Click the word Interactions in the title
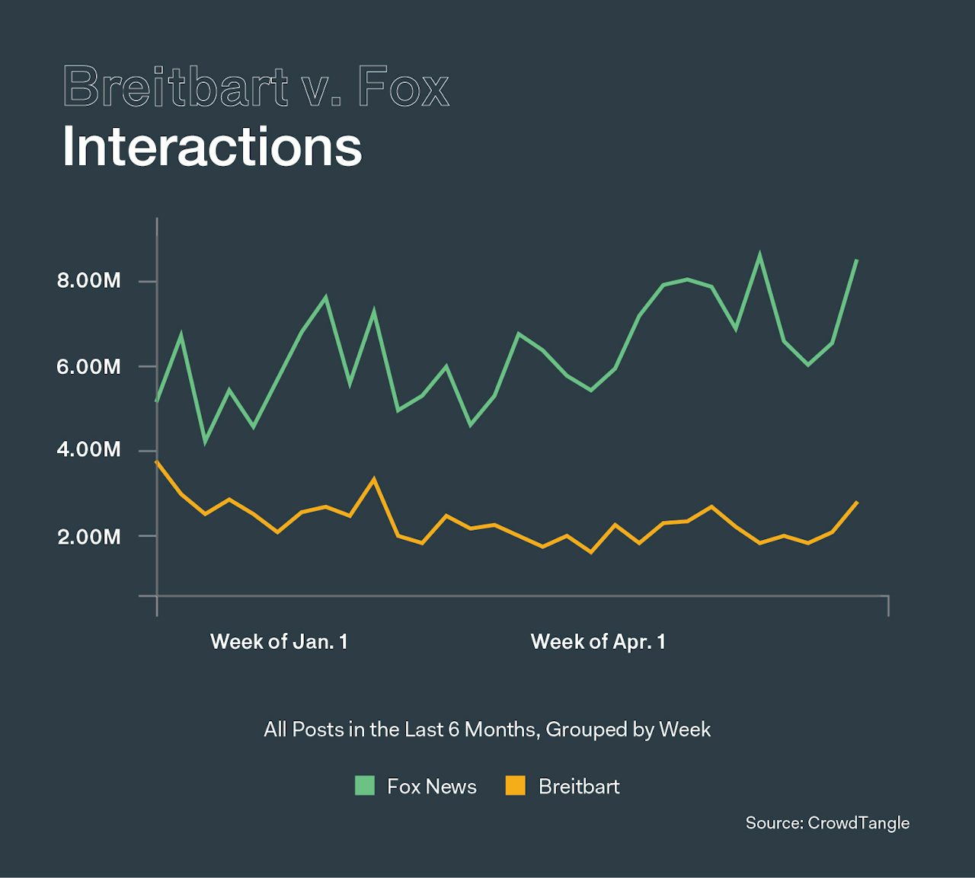(212, 146)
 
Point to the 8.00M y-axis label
(88, 281)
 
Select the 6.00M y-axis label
(88, 367)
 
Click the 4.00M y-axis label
(88, 449)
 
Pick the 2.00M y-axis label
(88, 537)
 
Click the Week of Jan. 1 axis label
(279, 642)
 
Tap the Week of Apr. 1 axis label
(598, 642)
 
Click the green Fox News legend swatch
(365, 786)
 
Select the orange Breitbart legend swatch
(516, 786)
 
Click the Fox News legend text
(431, 787)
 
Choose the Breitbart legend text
(579, 787)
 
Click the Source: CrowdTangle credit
(827, 823)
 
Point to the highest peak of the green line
(759, 254)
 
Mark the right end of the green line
(857, 260)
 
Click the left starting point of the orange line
(156, 461)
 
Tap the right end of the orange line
(857, 503)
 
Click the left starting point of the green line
(156, 401)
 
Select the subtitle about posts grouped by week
(487, 730)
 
